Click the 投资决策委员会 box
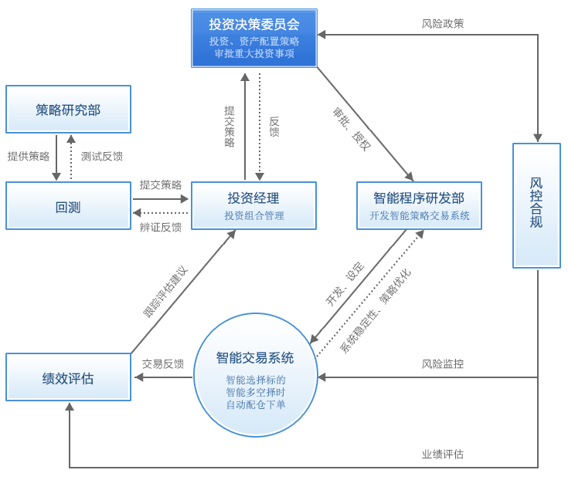click(253, 38)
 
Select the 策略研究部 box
click(68, 109)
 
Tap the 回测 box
click(68, 206)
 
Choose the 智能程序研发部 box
click(419, 205)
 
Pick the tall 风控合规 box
click(536, 205)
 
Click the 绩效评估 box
click(68, 377)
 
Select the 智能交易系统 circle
click(255, 374)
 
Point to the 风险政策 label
click(443, 24)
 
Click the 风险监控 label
click(443, 363)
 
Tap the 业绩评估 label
click(443, 454)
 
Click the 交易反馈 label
click(163, 363)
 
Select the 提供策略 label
click(29, 156)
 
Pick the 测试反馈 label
click(102, 156)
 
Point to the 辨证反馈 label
click(161, 227)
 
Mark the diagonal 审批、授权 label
click(352, 129)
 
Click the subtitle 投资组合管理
click(254, 216)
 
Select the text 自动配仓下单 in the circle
click(256, 404)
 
